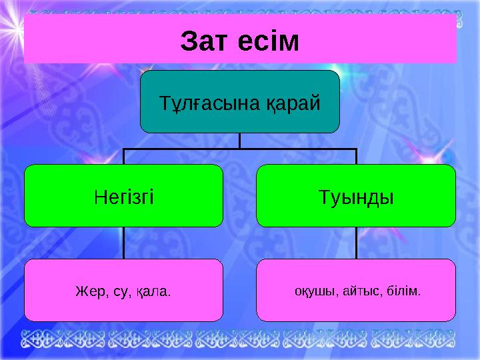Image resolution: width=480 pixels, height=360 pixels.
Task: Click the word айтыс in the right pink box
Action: (359, 291)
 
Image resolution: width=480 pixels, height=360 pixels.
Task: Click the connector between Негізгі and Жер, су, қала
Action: (123, 243)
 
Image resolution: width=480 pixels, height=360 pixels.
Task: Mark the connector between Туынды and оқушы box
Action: (356, 243)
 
